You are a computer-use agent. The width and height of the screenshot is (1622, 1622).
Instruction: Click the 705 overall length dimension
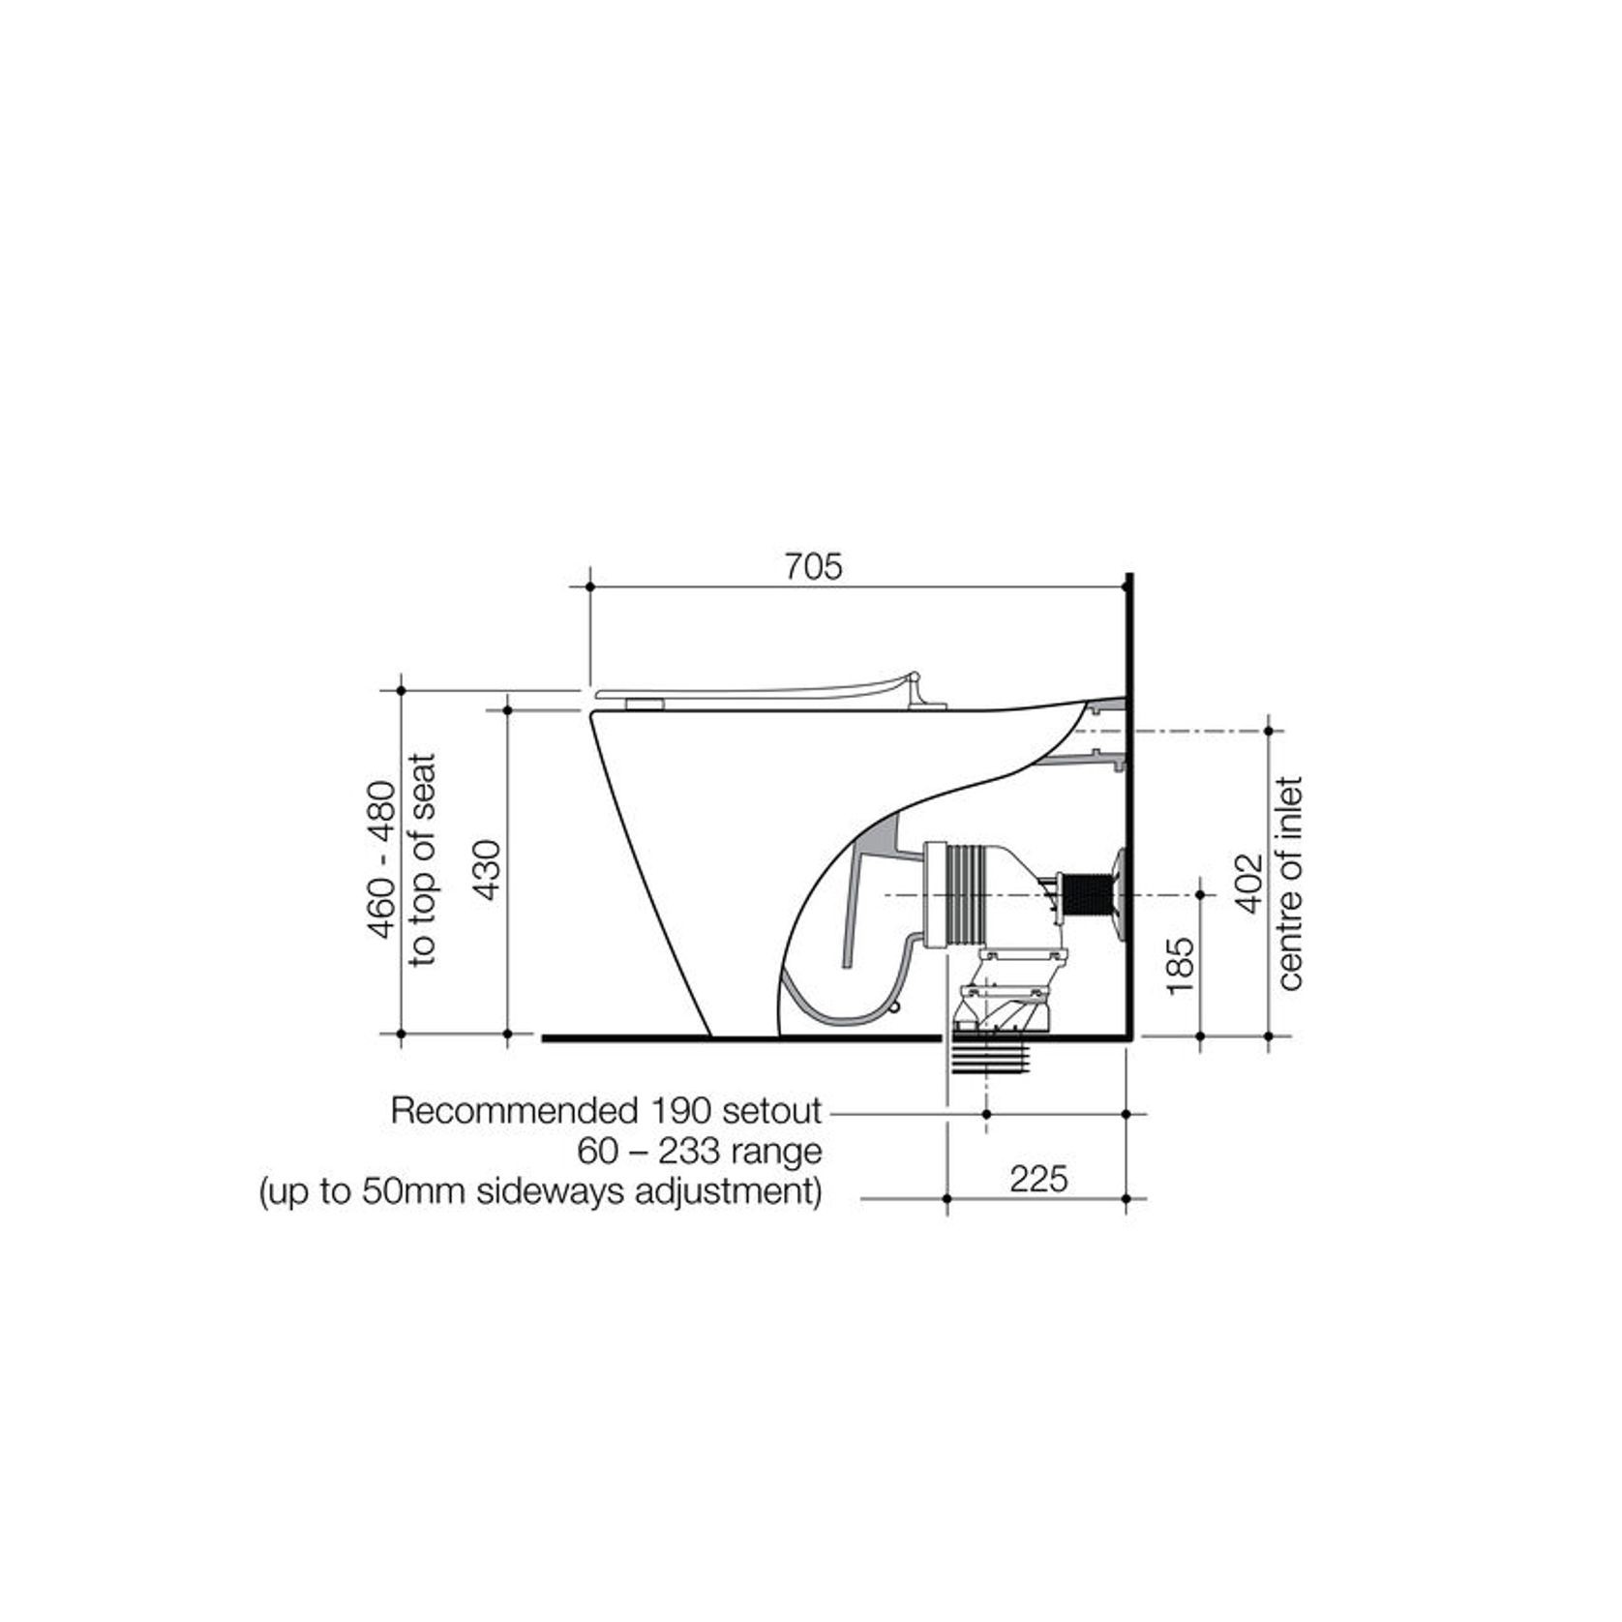click(x=813, y=567)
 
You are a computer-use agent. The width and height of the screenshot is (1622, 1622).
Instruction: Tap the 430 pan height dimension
click(x=490, y=870)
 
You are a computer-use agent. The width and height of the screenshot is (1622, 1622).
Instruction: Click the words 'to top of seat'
click(x=423, y=859)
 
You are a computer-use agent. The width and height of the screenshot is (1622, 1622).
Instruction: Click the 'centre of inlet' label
click(x=1291, y=882)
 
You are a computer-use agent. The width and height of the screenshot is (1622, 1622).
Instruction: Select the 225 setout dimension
click(x=1038, y=1179)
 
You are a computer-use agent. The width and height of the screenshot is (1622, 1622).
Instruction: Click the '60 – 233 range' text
click(x=700, y=1152)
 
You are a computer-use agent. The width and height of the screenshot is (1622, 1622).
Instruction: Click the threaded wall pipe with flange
click(x=1089, y=895)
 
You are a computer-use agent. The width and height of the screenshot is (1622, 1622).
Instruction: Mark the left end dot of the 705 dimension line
click(x=590, y=586)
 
